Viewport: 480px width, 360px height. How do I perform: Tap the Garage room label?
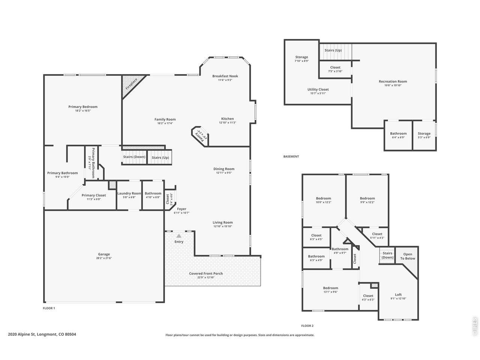[x=104, y=254]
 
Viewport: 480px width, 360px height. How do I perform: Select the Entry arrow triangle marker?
[x=179, y=236]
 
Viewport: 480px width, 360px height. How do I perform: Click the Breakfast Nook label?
[x=225, y=76]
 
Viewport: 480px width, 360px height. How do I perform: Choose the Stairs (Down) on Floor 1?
[x=134, y=157]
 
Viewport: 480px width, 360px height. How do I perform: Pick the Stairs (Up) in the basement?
[x=333, y=50]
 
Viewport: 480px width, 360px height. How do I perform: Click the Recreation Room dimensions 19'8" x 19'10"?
[x=393, y=85]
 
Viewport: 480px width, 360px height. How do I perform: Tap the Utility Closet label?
[x=318, y=90]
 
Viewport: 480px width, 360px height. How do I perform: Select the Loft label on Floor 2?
[x=398, y=295]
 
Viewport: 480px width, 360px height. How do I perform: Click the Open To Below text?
[x=408, y=256]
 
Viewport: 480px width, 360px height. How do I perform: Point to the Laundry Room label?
[x=129, y=193]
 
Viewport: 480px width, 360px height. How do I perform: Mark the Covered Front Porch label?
[x=206, y=274]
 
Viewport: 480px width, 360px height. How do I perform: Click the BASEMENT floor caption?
[x=291, y=157]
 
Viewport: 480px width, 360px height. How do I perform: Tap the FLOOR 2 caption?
[x=307, y=326]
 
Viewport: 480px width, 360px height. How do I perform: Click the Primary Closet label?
[x=94, y=195]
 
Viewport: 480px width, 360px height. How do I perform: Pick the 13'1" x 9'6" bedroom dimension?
[x=330, y=292]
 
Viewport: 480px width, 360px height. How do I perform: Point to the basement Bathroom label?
[x=398, y=133]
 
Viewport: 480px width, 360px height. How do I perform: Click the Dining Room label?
[x=224, y=169]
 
